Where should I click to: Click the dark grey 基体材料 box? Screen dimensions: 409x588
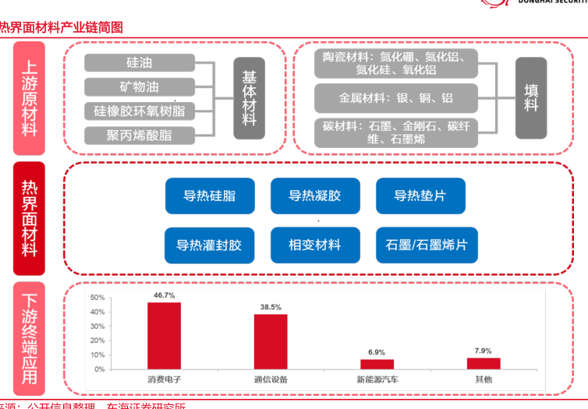[x=249, y=98]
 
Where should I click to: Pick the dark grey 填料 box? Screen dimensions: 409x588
[x=531, y=98]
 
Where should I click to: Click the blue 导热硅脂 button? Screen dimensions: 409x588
[x=210, y=196]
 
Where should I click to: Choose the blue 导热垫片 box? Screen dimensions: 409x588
[x=420, y=196]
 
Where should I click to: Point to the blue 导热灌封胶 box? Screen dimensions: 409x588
[x=210, y=245]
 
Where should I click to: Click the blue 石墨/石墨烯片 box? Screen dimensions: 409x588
[x=420, y=245]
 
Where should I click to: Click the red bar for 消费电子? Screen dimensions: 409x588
[x=164, y=335]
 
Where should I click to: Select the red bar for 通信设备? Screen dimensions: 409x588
[x=271, y=341]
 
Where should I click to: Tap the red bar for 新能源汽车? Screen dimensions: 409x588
[x=377, y=364]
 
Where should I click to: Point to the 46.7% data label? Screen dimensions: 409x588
[x=164, y=295]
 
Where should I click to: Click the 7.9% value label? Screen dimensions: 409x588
[x=483, y=351]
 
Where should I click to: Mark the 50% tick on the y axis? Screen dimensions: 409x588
[x=97, y=298]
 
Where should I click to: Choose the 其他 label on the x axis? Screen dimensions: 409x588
[x=484, y=379]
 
